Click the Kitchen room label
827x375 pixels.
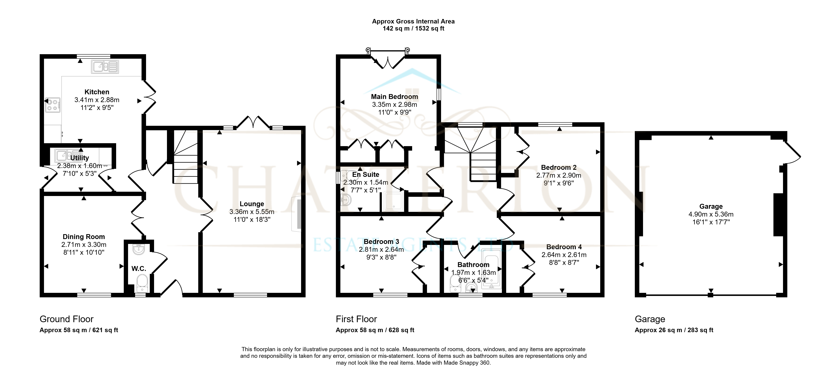point(97,92)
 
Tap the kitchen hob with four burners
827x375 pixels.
point(53,105)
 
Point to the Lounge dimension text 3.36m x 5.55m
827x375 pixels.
point(252,212)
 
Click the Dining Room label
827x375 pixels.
point(84,237)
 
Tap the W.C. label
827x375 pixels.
point(139,269)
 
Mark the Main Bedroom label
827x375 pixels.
point(395,97)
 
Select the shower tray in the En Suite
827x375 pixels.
point(393,201)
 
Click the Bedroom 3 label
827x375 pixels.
point(381,242)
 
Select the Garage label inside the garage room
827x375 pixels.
point(711,207)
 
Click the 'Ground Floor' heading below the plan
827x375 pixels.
point(66,319)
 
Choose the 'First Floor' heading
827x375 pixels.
point(356,319)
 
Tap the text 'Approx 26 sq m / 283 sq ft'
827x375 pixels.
point(674,330)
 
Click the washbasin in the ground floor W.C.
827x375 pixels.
point(139,249)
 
